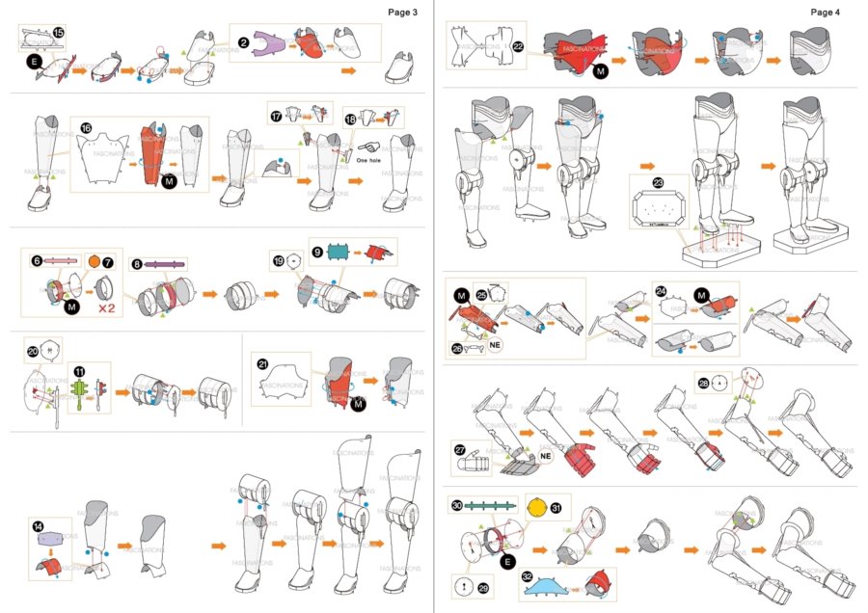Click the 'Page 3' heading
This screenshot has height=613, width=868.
pos(403,13)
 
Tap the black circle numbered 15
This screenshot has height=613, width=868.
pos(59,33)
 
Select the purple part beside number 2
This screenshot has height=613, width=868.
pos(271,43)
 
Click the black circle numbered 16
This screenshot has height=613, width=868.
pos(86,127)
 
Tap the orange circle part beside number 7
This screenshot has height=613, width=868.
pos(95,262)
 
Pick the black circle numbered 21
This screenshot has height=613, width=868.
pos(262,363)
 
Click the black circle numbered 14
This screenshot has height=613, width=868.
pos(38,526)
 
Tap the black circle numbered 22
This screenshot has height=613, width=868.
pos(518,45)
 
